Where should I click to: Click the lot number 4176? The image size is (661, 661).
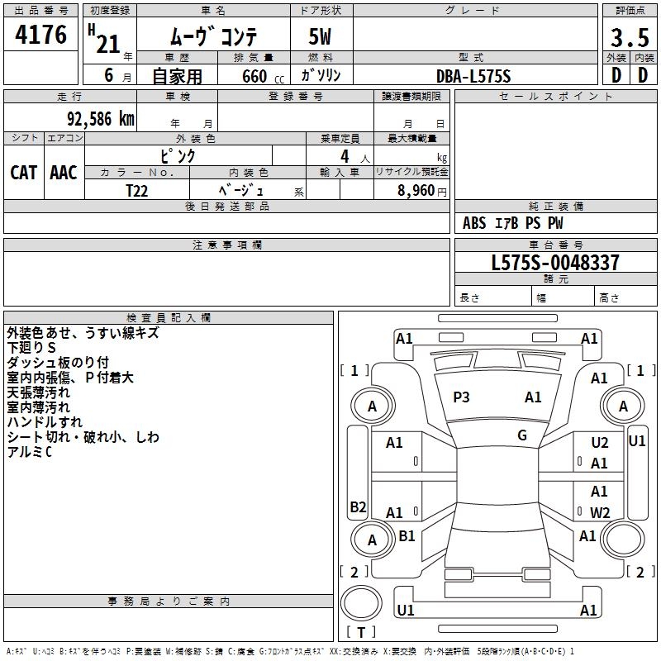pyautogui.click(x=41, y=36)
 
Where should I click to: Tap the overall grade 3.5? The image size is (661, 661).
pyautogui.click(x=630, y=38)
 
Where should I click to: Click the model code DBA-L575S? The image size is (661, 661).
pyautogui.click(x=473, y=76)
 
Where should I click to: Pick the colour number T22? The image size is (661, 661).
pyautogui.click(x=137, y=190)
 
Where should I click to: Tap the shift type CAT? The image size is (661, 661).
pyautogui.click(x=23, y=173)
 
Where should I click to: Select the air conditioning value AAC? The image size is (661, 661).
pyautogui.click(x=64, y=173)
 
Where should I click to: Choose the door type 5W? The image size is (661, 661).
pyautogui.click(x=321, y=38)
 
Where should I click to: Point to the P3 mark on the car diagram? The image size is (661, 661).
pyautogui.click(x=461, y=397)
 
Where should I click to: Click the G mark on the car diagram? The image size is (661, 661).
pyautogui.click(x=522, y=435)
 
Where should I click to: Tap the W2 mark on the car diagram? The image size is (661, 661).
pyautogui.click(x=600, y=512)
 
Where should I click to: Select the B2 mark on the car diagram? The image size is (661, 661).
pyautogui.click(x=358, y=507)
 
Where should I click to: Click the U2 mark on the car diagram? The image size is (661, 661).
pyautogui.click(x=600, y=444)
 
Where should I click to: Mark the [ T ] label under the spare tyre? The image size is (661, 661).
pyautogui.click(x=361, y=633)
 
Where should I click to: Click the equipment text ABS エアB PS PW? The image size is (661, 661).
pyautogui.click(x=514, y=223)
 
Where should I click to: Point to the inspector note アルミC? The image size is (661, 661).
pyautogui.click(x=29, y=452)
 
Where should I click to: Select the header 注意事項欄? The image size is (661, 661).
pyautogui.click(x=226, y=245)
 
